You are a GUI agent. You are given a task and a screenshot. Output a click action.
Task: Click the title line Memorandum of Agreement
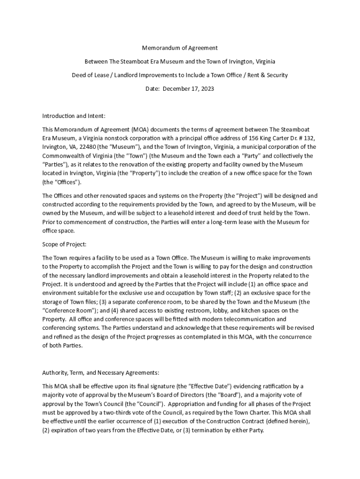tap(180, 48)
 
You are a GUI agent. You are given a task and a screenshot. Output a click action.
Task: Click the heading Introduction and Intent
tap(74, 116)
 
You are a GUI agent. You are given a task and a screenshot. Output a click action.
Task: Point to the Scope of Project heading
tap(65, 244)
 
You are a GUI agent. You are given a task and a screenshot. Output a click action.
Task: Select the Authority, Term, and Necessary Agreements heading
tap(101, 373)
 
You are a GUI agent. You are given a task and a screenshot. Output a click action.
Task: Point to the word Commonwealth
tap(63, 156)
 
